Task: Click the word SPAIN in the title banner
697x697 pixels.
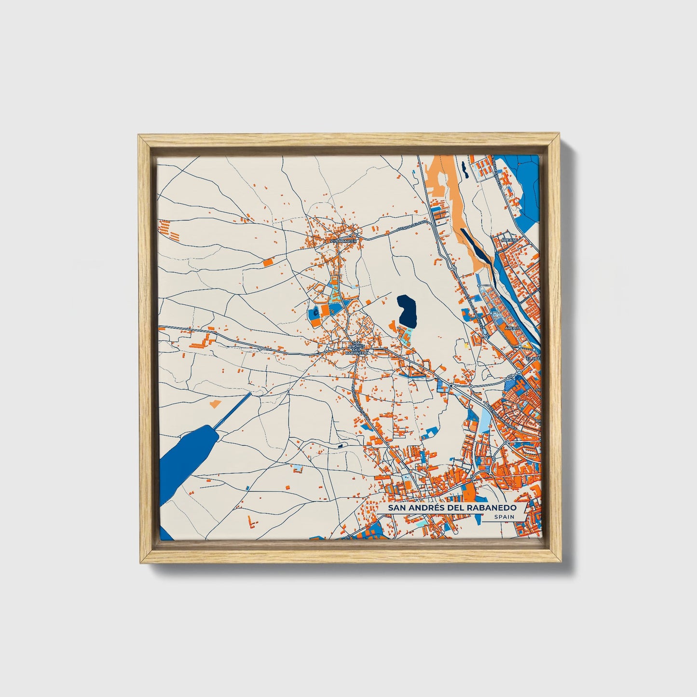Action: click(504, 517)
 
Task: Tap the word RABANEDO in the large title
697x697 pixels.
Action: click(492, 508)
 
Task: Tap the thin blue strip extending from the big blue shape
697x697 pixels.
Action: click(234, 410)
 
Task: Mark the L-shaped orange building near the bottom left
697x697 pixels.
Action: click(251, 521)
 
